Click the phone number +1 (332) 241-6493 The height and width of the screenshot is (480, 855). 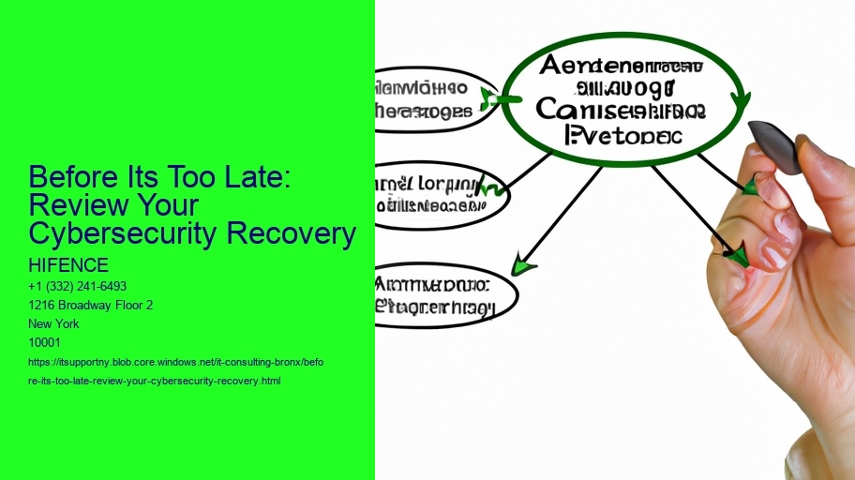point(79,286)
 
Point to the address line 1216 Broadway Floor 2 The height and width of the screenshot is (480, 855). point(91,305)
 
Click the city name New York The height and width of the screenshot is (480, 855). point(54,323)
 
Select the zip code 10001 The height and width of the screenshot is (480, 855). point(46,342)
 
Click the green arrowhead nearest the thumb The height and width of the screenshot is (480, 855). point(739,255)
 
